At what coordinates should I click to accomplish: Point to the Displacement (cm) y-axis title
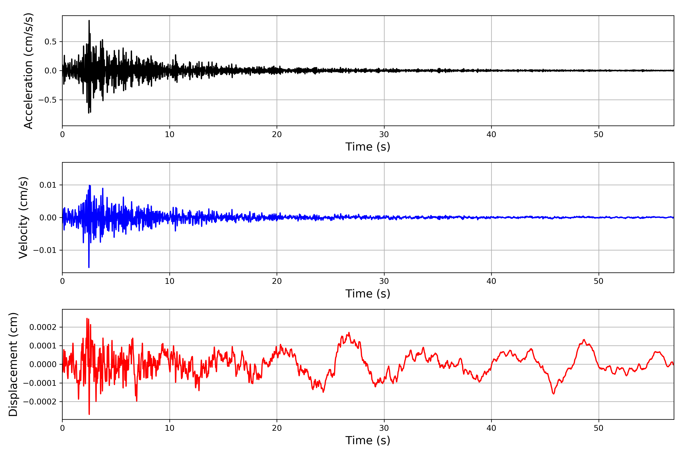pyautogui.click(x=13, y=364)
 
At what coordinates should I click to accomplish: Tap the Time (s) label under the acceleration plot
pyautogui.click(x=368, y=147)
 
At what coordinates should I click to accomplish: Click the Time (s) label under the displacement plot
pyautogui.click(x=368, y=440)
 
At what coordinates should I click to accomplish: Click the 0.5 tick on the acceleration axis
pyautogui.click(x=50, y=42)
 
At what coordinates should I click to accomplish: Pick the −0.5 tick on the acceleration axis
pyautogui.click(x=47, y=100)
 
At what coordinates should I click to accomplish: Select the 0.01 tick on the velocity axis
pyautogui.click(x=48, y=185)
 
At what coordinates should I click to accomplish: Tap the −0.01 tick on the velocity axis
pyautogui.click(x=45, y=250)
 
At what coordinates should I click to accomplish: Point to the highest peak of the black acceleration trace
pyautogui.click(x=89, y=21)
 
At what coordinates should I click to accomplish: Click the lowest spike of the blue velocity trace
pyautogui.click(x=89, y=267)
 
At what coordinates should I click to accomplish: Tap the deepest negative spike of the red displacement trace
pyautogui.click(x=89, y=414)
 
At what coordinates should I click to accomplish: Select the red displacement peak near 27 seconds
pyautogui.click(x=349, y=333)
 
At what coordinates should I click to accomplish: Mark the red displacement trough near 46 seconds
pyautogui.click(x=553, y=394)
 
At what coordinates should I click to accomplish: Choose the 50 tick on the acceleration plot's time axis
pyautogui.click(x=599, y=135)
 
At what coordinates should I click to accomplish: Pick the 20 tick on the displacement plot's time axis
pyautogui.click(x=277, y=428)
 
